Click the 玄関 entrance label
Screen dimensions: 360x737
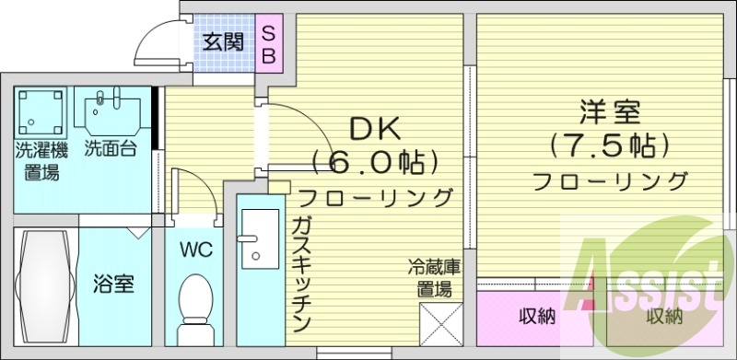223,42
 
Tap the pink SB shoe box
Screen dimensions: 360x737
270,43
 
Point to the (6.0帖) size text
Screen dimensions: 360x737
373,163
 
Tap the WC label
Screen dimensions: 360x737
195,250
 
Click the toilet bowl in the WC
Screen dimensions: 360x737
194,305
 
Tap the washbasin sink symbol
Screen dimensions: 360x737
111,113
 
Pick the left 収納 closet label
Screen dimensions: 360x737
537,318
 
